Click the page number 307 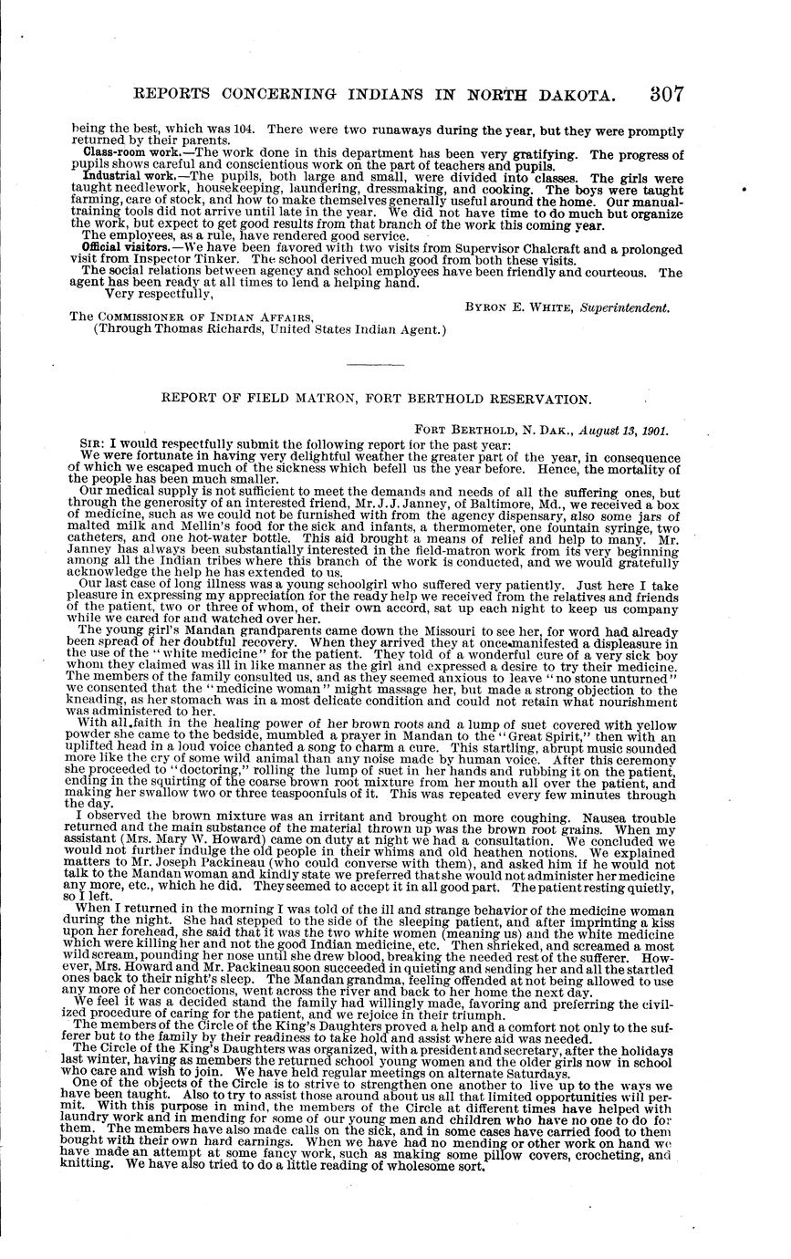(x=668, y=95)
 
